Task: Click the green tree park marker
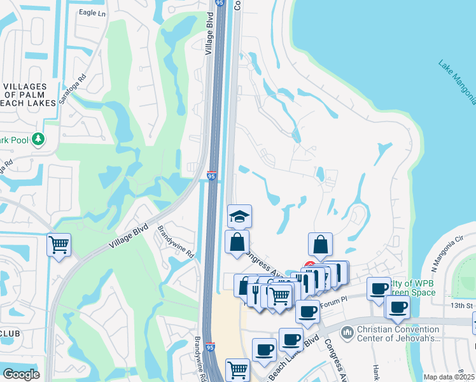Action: pos(38,138)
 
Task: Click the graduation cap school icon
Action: pos(240,216)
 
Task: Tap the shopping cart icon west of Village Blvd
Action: pos(59,244)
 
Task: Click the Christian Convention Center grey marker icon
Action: pos(347,332)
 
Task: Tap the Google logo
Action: pos(21,374)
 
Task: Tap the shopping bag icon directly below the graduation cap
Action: pos(237,243)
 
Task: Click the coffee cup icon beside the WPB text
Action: pos(379,288)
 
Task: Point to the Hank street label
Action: pos(377,371)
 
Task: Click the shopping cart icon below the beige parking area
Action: pos(237,368)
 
